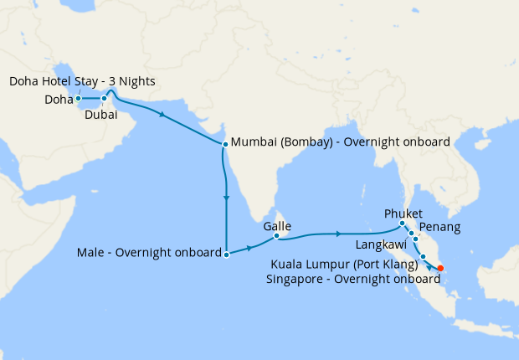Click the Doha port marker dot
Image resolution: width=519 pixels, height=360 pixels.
point(78,98)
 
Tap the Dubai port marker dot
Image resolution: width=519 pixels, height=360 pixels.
point(105,99)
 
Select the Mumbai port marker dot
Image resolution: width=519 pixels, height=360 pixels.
point(225,144)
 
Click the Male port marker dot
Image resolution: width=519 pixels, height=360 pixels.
point(227,253)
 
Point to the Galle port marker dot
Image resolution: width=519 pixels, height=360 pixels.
point(276,237)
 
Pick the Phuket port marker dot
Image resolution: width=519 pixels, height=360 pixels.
point(403,224)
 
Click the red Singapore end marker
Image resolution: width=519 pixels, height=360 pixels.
point(441,269)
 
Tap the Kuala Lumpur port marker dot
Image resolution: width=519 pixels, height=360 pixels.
point(424,257)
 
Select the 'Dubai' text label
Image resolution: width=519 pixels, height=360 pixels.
point(100,116)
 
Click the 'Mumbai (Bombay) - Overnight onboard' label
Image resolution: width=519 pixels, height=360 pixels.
point(340,141)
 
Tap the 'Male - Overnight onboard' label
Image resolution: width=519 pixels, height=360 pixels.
point(149,252)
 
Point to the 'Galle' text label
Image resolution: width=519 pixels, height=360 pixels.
point(277,225)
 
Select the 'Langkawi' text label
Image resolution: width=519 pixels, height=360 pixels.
point(382,244)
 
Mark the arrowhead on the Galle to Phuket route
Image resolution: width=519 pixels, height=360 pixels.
point(337,234)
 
